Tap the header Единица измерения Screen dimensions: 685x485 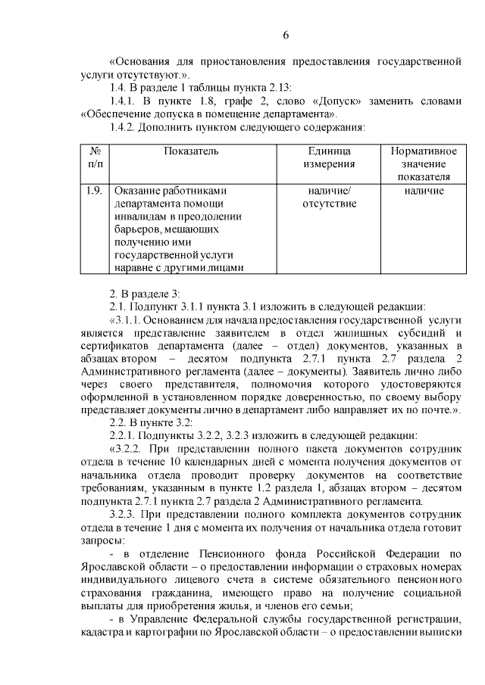[330, 157]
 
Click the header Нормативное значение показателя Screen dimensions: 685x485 [423, 163]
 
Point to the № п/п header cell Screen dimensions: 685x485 [95, 157]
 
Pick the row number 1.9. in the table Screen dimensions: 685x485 [95, 191]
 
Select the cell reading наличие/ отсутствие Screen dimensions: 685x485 [330, 197]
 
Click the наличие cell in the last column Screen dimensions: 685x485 [423, 191]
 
